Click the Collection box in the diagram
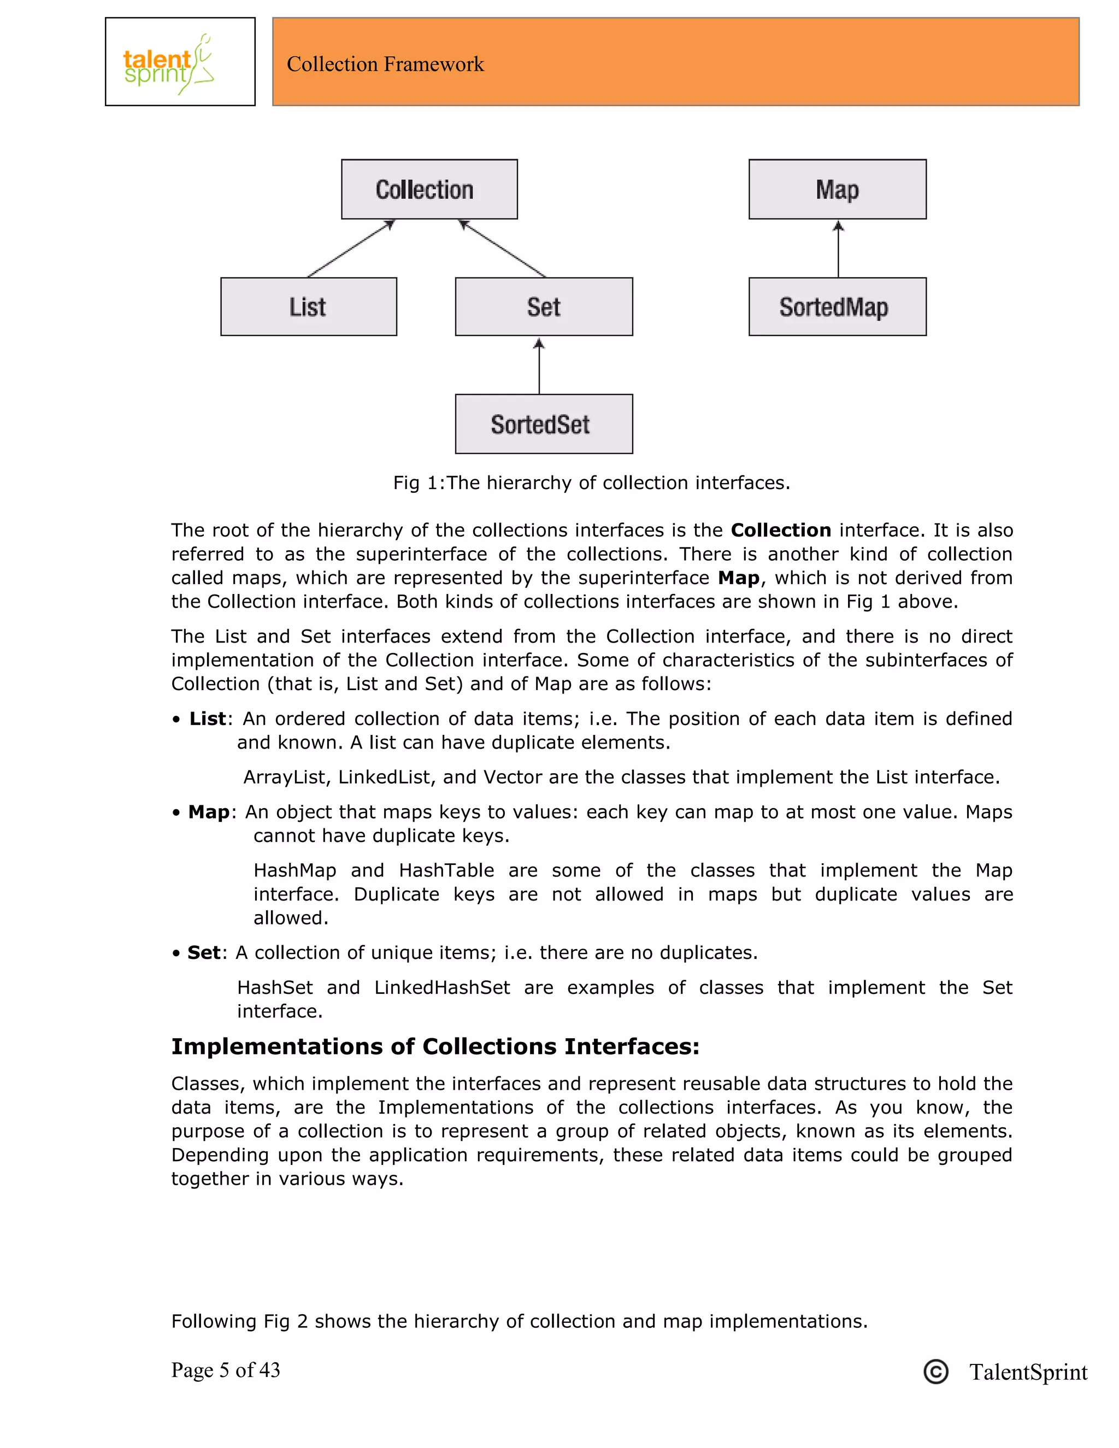(x=429, y=189)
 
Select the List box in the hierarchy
(x=308, y=307)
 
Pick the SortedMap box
(x=837, y=307)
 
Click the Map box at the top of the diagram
(x=837, y=189)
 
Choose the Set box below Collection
(x=544, y=307)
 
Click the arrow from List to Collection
(x=351, y=249)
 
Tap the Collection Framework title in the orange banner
(x=385, y=64)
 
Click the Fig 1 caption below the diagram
(x=591, y=482)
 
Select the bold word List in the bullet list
(x=208, y=719)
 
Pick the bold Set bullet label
(x=203, y=953)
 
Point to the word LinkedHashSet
(x=442, y=987)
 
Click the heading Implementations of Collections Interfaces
(x=435, y=1047)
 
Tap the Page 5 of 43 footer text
(x=226, y=1370)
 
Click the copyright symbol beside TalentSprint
(x=935, y=1372)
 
